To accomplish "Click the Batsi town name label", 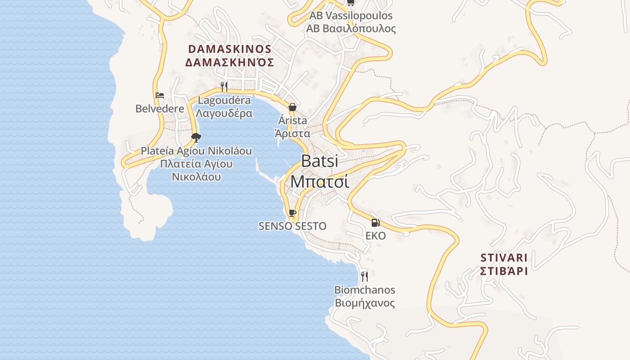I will point(319,161).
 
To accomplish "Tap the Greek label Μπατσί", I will point(319,181).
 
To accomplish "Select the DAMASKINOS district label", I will point(229,49).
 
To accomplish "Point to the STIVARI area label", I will point(504,258).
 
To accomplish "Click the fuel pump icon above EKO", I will point(375,222).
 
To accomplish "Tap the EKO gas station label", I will point(375,236).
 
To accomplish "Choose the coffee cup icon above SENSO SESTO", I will point(292,213).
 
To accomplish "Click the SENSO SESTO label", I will point(292,226).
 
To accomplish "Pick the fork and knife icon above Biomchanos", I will point(364,276).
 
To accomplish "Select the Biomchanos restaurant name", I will point(364,290).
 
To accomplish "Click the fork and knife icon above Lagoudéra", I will point(224,86).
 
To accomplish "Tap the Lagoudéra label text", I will point(224,100).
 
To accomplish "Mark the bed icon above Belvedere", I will point(160,95).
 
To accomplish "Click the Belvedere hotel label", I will point(160,109).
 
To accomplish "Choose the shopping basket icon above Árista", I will point(292,107).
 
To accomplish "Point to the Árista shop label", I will point(292,121).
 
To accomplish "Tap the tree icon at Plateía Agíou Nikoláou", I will point(196,137).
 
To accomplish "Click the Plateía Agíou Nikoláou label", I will point(196,151).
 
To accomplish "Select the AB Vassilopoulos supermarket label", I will point(351,16).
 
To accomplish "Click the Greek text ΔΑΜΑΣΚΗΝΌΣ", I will point(229,62).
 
